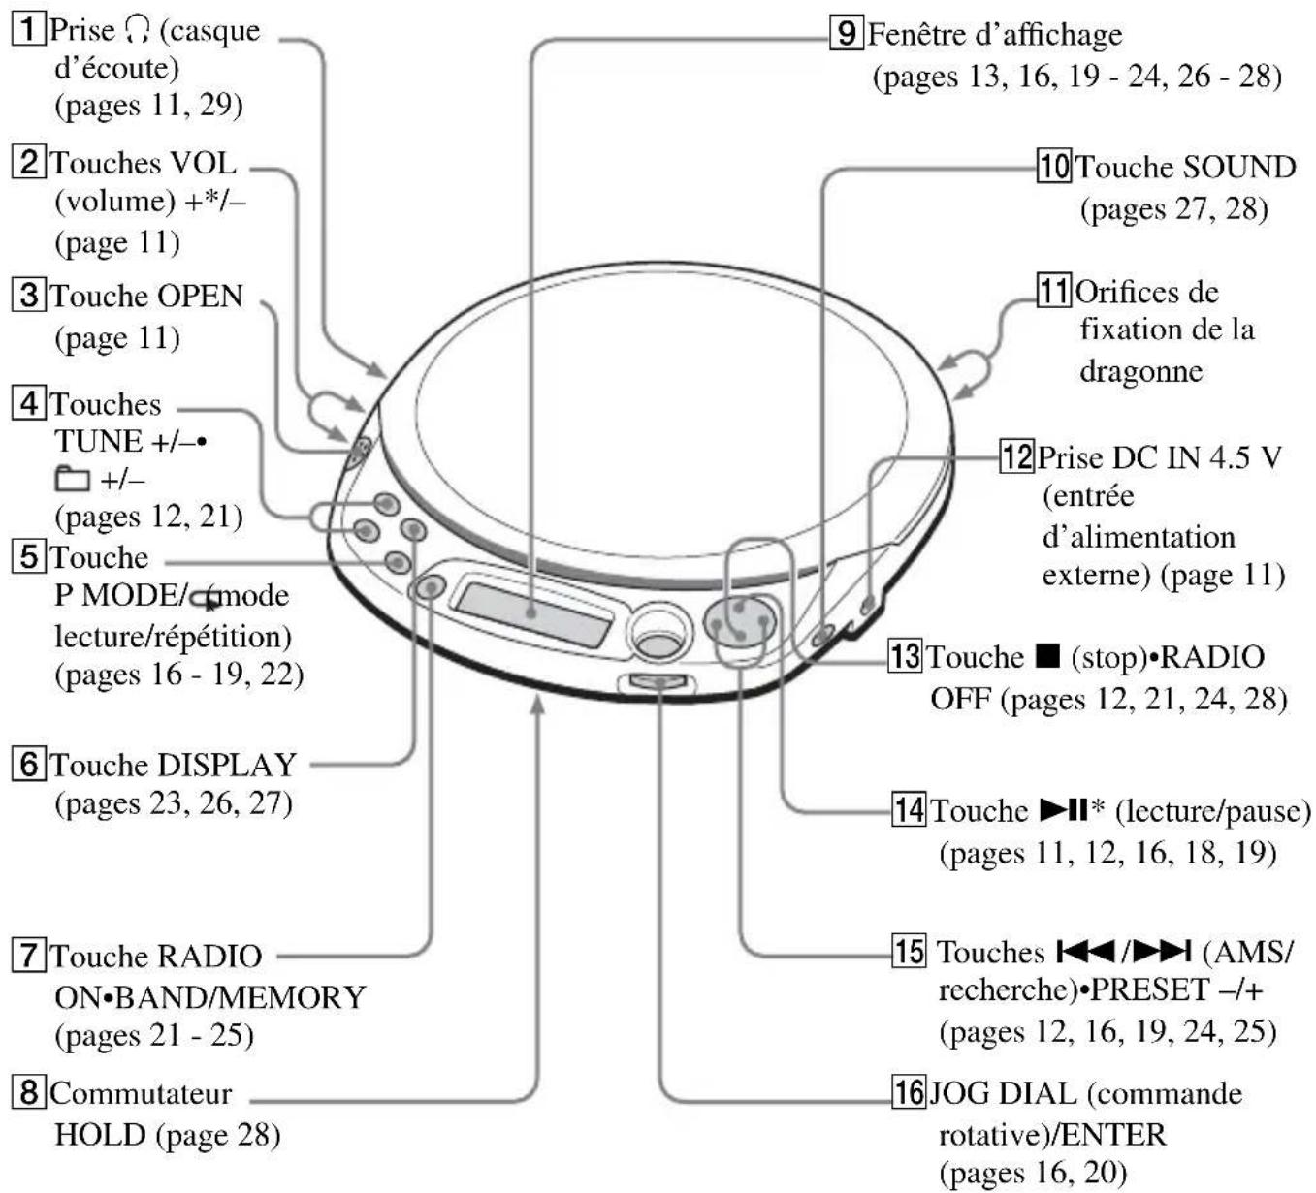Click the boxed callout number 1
[28, 29]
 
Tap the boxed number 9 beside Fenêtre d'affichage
[847, 34]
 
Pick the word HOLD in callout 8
[99, 1133]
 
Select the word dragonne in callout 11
[1141, 370]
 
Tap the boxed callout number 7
[28, 955]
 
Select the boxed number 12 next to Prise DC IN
[1017, 455]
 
